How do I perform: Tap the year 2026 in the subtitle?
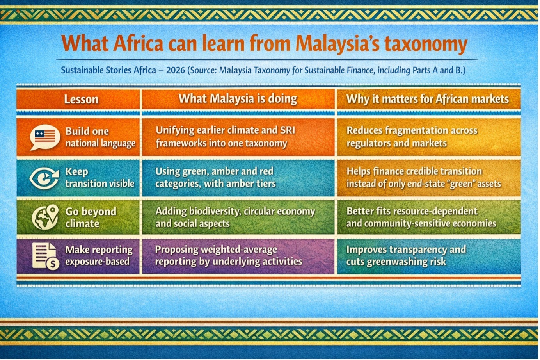point(176,70)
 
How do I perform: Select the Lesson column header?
point(81,99)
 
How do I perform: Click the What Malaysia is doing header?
point(238,99)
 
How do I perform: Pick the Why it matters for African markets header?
point(427,99)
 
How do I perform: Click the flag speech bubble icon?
point(45,137)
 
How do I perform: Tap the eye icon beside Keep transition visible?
point(44,178)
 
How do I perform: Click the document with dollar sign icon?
point(46,256)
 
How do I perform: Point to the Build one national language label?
point(100,137)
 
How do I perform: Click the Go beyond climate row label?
point(91,217)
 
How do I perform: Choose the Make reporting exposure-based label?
point(99,255)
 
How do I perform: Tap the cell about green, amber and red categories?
point(215,177)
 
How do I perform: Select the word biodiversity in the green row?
point(215,211)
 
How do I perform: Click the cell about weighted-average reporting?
point(229,255)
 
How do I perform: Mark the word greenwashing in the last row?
point(397,262)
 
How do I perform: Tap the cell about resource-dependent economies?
point(421,217)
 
